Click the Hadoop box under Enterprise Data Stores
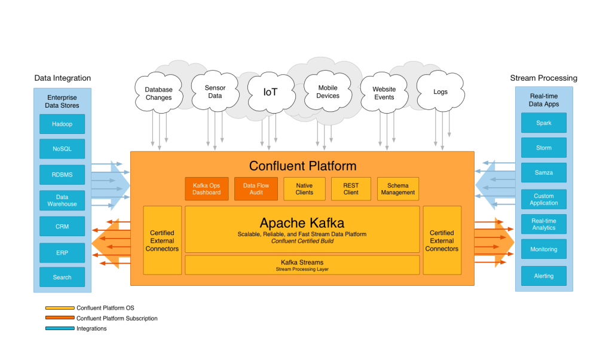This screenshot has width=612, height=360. click(62, 124)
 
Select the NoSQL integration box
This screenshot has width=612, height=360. click(62, 149)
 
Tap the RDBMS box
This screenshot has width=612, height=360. click(62, 175)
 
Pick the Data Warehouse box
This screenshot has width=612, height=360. click(62, 200)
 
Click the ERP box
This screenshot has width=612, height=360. click(62, 253)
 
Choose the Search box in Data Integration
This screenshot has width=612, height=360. click(62, 277)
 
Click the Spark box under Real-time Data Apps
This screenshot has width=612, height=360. click(543, 123)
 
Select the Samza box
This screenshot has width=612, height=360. click(543, 173)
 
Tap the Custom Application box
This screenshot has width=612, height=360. click(543, 199)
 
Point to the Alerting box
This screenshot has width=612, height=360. click(543, 276)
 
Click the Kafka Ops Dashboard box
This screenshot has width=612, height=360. click(206, 189)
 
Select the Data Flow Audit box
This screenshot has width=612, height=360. click(256, 189)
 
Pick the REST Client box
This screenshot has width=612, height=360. click(351, 189)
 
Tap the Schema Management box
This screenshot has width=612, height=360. click(397, 189)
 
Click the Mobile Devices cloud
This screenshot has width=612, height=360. click(328, 92)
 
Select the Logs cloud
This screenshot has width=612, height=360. click(440, 92)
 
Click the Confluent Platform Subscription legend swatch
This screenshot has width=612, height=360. click(60, 319)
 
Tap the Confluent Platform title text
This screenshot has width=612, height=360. click(302, 166)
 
